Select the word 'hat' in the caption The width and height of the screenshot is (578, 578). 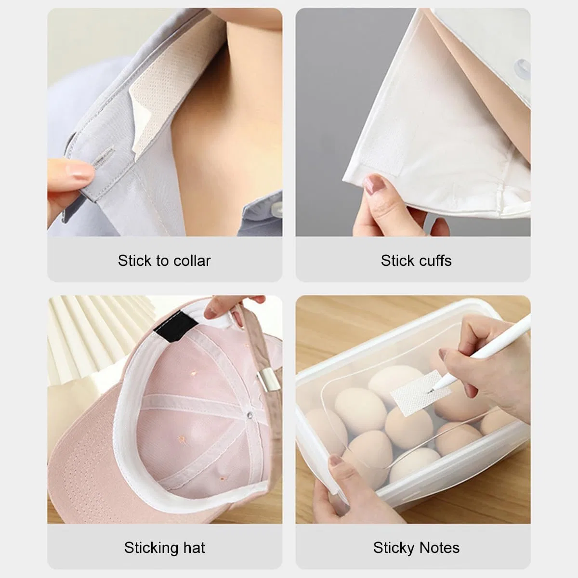point(195,548)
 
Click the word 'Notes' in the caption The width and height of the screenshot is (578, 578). point(440,548)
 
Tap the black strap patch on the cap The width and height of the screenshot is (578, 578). point(175,326)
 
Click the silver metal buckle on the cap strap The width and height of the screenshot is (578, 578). point(268,381)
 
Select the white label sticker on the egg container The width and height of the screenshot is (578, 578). point(420,393)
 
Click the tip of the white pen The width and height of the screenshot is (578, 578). point(431,391)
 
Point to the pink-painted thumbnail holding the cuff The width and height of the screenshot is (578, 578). point(375,184)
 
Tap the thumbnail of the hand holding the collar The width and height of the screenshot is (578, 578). point(79,172)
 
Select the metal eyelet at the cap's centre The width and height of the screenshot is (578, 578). point(249,415)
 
